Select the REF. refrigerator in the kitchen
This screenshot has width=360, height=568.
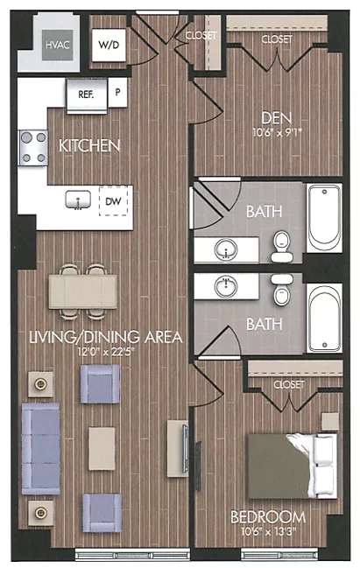(x=86, y=92)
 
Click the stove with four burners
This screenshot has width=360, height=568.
(x=33, y=146)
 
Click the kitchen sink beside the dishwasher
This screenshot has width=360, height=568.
(x=80, y=200)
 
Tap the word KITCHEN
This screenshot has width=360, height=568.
(x=89, y=145)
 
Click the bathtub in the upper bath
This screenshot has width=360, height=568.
(x=324, y=219)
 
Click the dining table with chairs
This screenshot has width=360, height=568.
(x=82, y=290)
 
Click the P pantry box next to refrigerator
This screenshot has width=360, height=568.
(x=116, y=91)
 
